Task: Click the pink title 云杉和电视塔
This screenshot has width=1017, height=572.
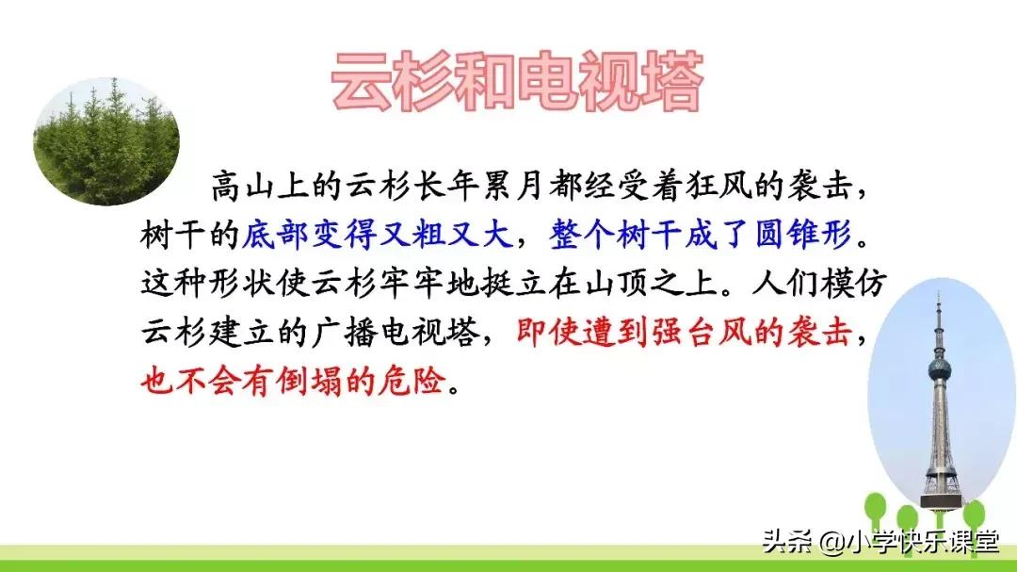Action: [517, 82]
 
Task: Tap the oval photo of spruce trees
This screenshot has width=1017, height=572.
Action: [106, 141]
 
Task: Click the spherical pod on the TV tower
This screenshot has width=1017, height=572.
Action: [939, 368]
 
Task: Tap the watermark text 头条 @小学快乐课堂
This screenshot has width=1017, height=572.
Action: [880, 542]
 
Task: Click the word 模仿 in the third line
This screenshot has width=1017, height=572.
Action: [861, 283]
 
